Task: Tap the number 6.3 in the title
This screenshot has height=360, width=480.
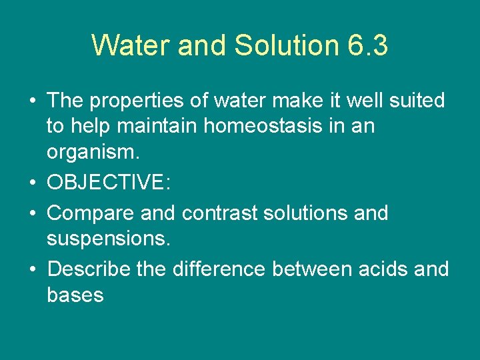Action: [x=368, y=45]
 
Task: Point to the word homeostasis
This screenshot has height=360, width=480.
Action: [x=237, y=126]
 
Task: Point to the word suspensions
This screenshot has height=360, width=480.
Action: [x=109, y=239]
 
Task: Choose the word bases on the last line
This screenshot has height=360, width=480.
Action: [x=75, y=295]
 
